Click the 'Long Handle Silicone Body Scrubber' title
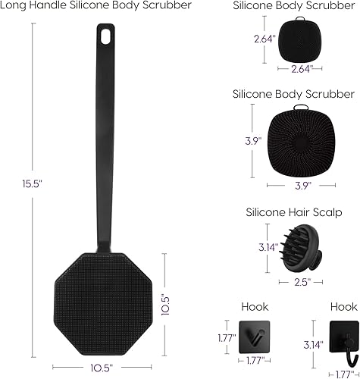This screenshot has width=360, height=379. pos(95,5)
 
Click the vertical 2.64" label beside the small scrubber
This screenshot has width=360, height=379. pos(263,37)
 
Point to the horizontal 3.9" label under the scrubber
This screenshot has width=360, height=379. pos(302,185)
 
